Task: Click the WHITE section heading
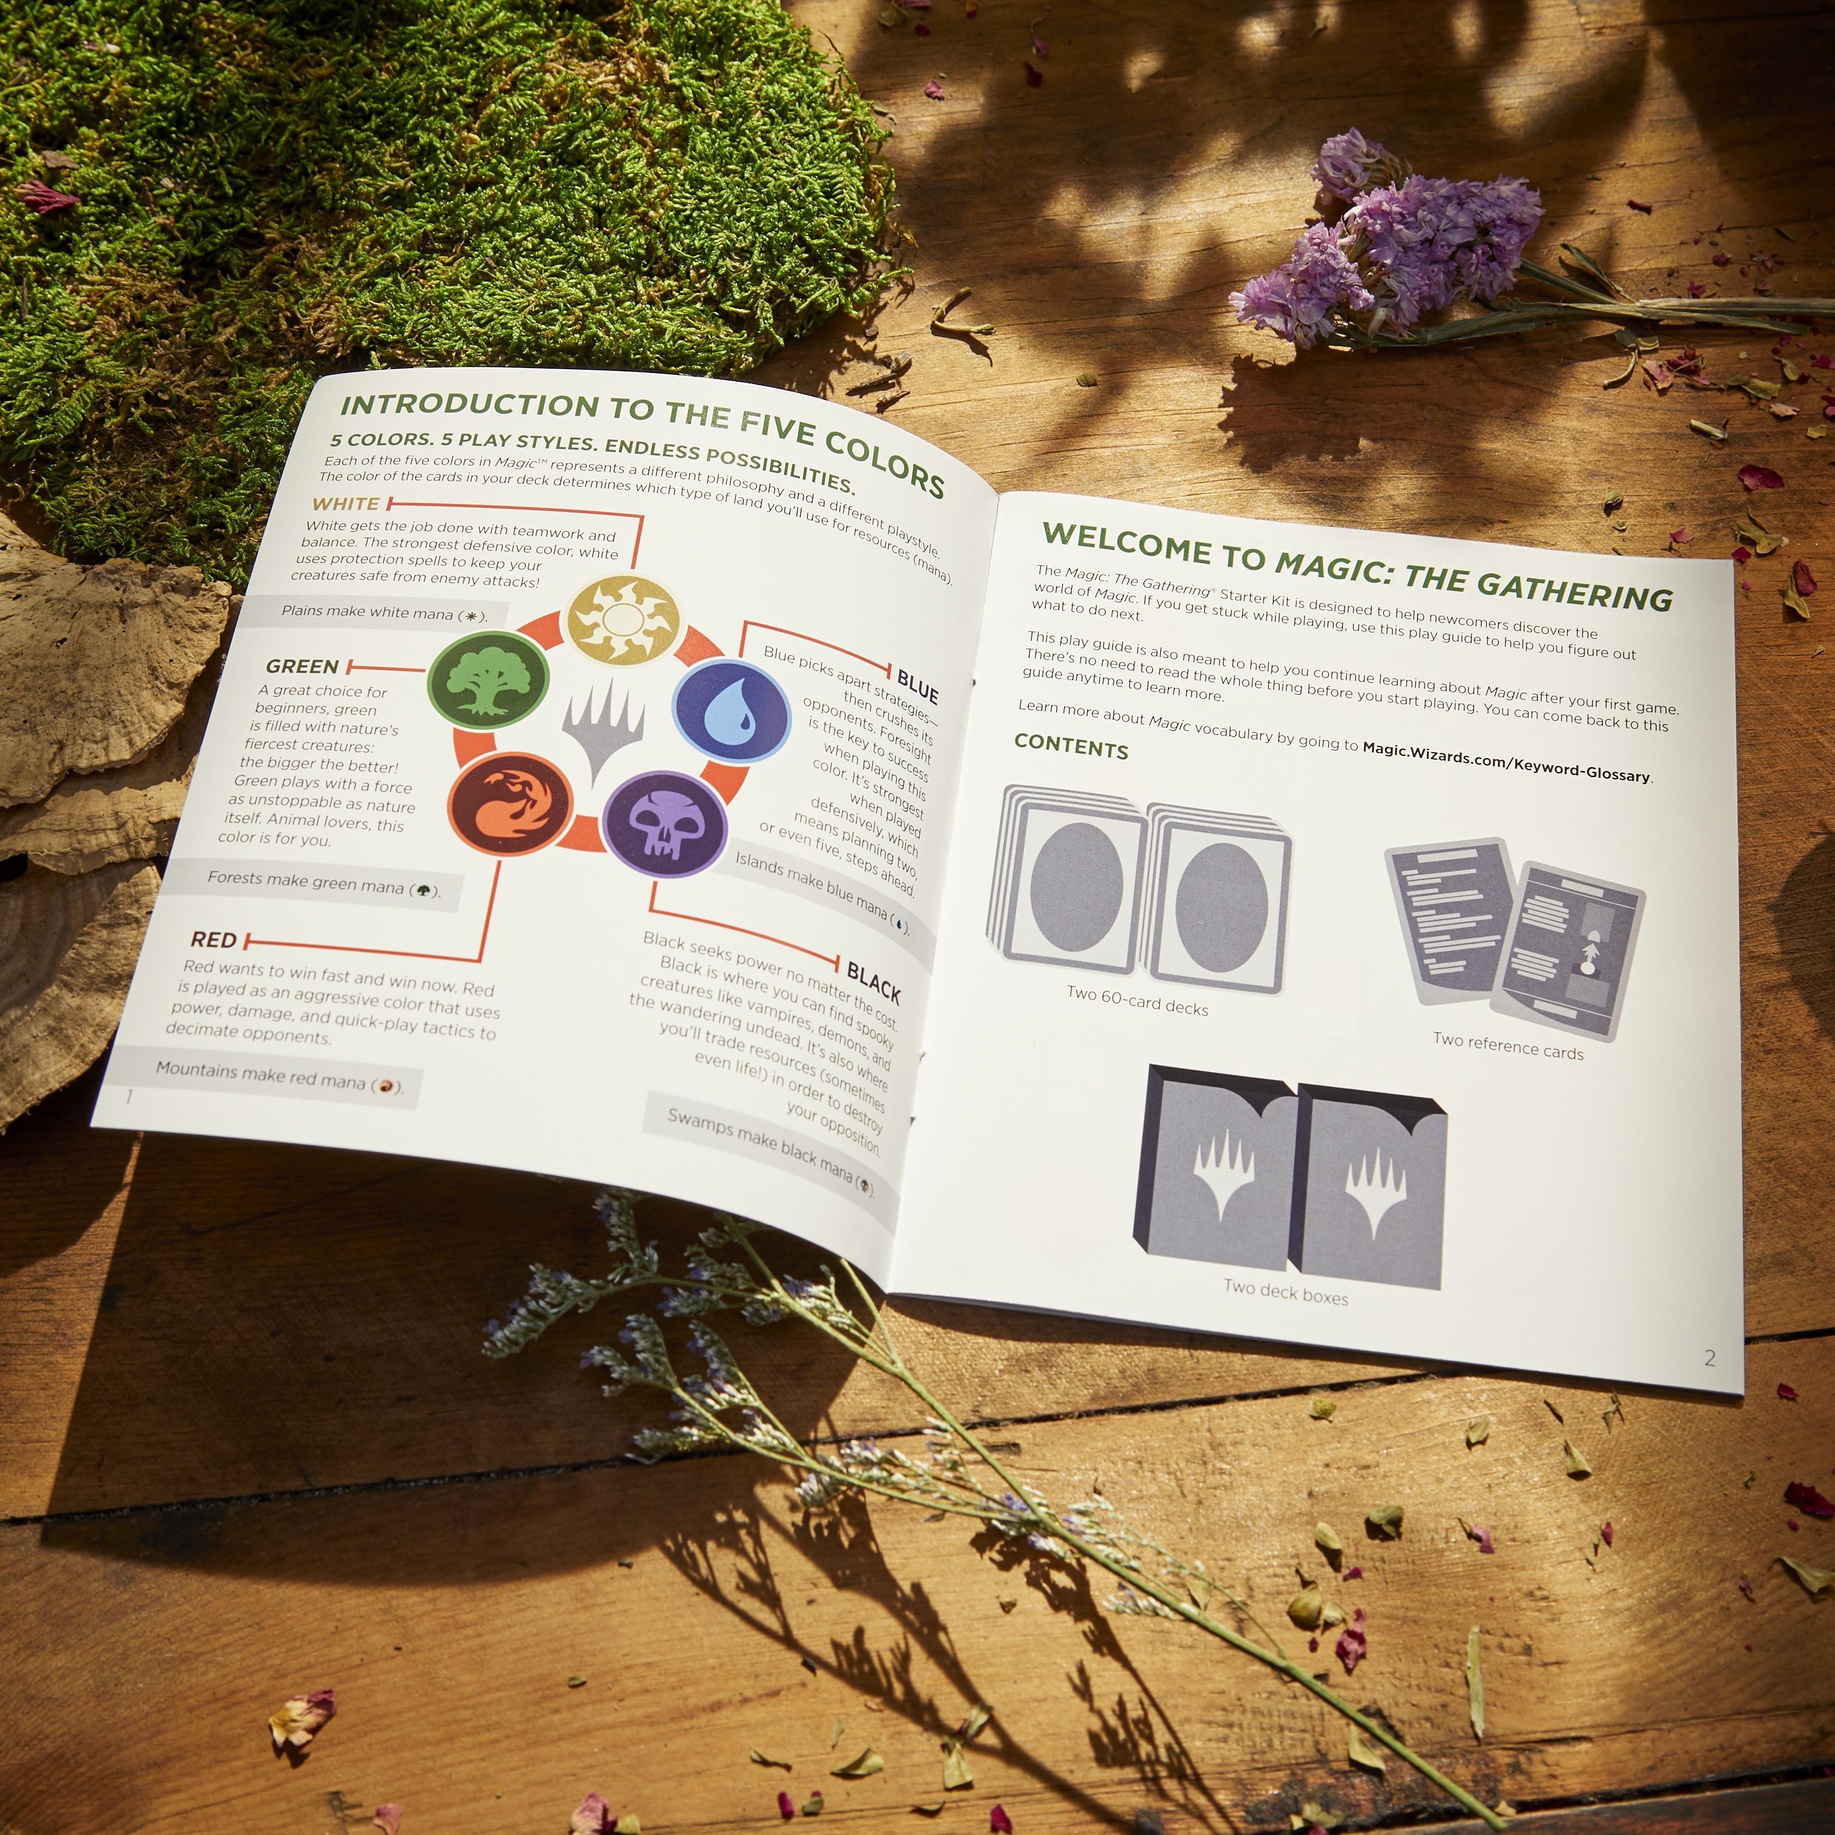click(346, 504)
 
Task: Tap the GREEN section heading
click(302, 667)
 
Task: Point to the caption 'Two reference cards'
click(1509, 1046)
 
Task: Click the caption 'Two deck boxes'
click(1286, 1292)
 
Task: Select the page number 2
click(1709, 1358)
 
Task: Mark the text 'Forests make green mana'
click(306, 881)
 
